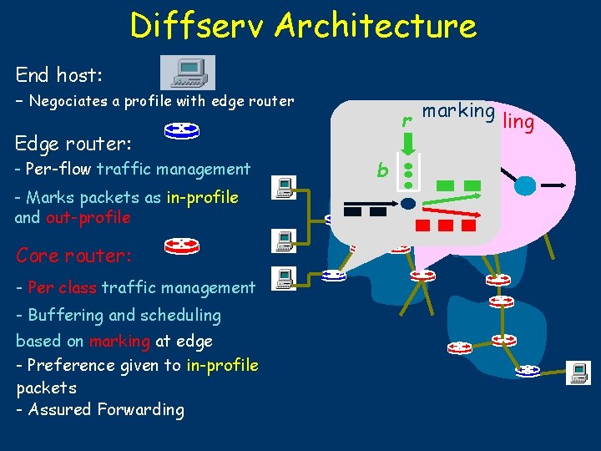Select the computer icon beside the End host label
tap(187, 73)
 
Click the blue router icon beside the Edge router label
tap(181, 130)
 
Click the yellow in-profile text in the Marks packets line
tap(203, 198)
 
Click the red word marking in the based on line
tap(120, 341)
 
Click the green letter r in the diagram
tap(407, 121)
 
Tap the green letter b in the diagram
tap(382, 170)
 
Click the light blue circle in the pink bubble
tap(524, 185)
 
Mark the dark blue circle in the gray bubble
tap(408, 203)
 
